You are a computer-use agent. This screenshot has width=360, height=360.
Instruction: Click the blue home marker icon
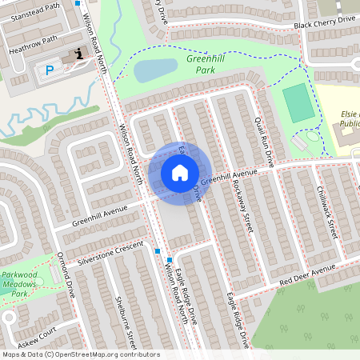(x=180, y=172)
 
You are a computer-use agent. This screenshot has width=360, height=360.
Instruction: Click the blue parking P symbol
(x=49, y=70)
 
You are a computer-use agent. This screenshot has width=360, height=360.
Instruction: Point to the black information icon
(x=78, y=54)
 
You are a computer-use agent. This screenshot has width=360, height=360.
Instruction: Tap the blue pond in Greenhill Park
(x=154, y=70)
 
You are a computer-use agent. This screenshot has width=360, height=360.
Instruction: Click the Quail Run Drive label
(x=263, y=139)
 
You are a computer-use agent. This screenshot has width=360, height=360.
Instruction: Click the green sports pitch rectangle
(x=298, y=102)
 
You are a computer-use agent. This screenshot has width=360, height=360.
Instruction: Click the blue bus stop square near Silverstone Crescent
(x=158, y=251)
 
